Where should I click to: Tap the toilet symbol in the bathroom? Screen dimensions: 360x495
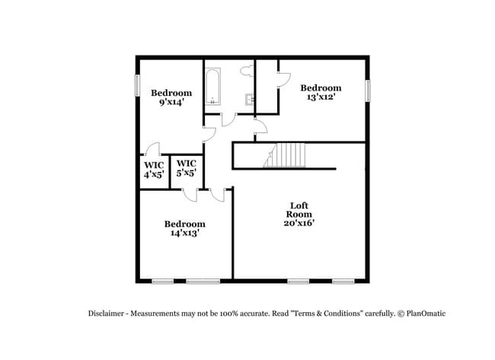tap(246, 71)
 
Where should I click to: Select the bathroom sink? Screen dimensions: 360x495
tap(247, 99)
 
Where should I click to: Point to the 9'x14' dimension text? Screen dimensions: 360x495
tap(171, 103)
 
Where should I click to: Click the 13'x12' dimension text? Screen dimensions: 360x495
tap(320, 97)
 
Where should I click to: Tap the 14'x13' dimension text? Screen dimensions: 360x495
tap(185, 234)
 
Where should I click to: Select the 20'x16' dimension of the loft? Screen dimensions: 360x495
tap(298, 223)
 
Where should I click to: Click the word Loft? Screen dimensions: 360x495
tap(299, 205)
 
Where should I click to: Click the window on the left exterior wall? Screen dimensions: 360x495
tap(137, 84)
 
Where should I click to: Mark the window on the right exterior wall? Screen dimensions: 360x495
tap(368, 91)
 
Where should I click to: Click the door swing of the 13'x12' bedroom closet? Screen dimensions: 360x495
tap(283, 78)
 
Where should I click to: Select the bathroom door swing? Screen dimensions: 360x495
tap(228, 120)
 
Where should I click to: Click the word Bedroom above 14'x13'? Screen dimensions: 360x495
tap(185, 224)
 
